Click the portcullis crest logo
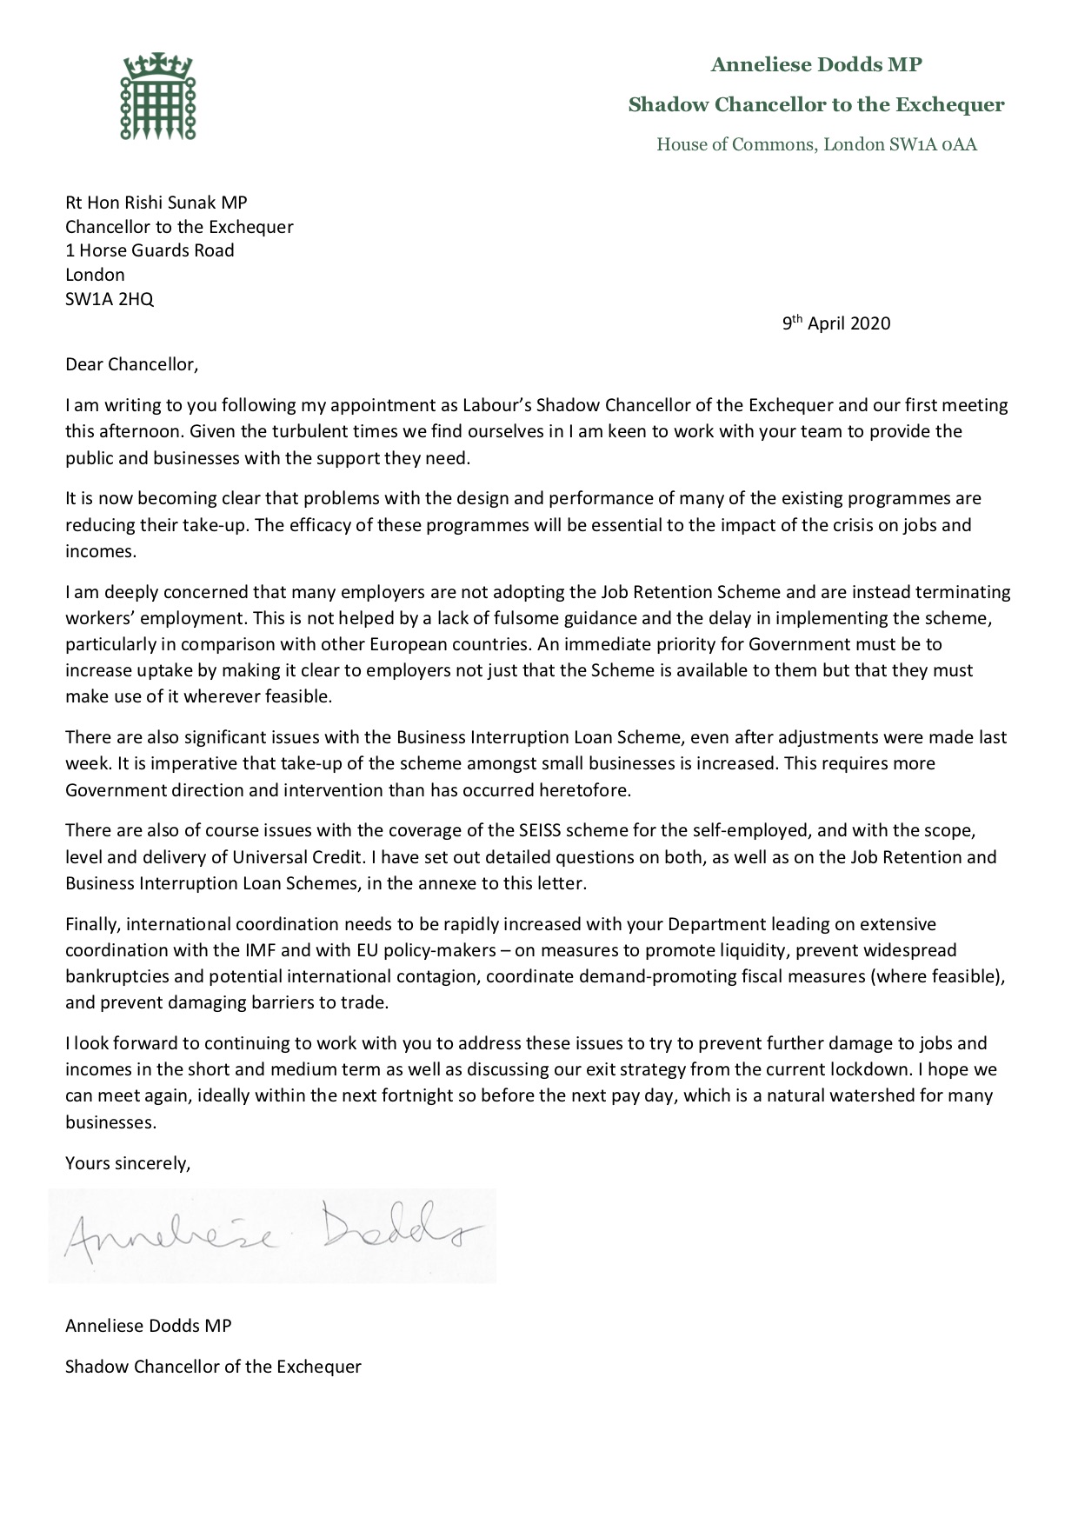157,96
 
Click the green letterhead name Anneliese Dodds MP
815,64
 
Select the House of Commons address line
815,144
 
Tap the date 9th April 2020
835,323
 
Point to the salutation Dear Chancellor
131,364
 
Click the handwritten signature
272,1235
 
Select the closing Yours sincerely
127,1162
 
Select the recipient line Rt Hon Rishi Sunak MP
156,203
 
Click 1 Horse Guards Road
150,250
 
